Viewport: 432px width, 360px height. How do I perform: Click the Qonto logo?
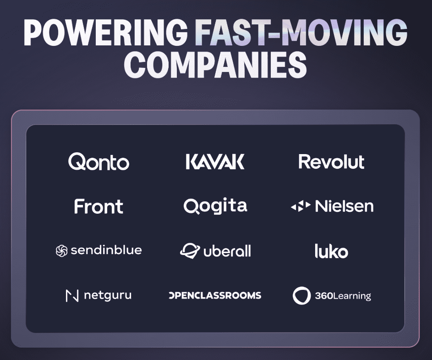tap(99, 162)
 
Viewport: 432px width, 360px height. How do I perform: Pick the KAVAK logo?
tap(215, 162)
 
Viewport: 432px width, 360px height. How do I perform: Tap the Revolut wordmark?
tap(331, 162)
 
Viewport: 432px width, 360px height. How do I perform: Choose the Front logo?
tap(98, 207)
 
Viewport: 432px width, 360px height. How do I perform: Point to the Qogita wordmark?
tap(215, 206)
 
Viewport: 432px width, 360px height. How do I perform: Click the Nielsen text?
tap(344, 206)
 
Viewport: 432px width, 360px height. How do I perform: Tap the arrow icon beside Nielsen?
tap(301, 207)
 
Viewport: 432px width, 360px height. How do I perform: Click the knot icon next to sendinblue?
tap(61, 251)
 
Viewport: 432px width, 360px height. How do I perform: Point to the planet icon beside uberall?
tap(189, 251)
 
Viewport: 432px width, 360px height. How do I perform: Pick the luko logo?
tap(331, 251)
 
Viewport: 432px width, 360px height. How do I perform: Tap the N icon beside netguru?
tap(72, 296)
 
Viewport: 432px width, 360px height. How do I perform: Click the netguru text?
tap(108, 295)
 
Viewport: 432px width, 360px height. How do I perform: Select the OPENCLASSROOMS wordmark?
tap(215, 295)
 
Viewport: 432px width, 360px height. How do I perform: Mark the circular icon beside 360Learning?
tap(301, 296)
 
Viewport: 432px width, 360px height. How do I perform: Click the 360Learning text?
tap(343, 296)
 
